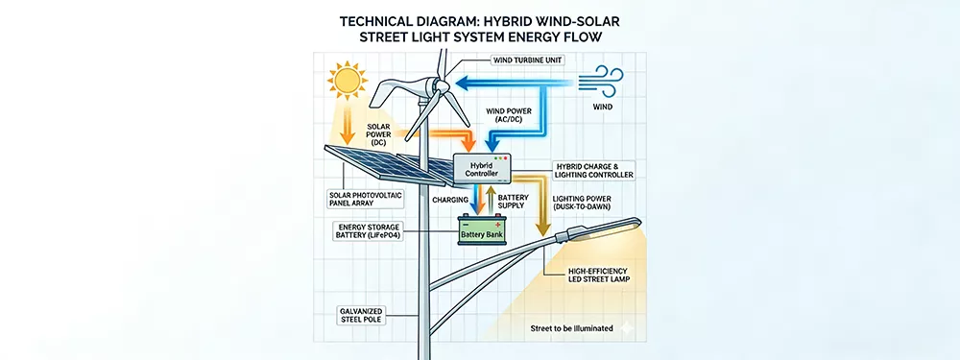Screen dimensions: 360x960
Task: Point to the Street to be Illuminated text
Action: [x=571, y=328]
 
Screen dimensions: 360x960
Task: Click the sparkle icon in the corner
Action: [x=628, y=328]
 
